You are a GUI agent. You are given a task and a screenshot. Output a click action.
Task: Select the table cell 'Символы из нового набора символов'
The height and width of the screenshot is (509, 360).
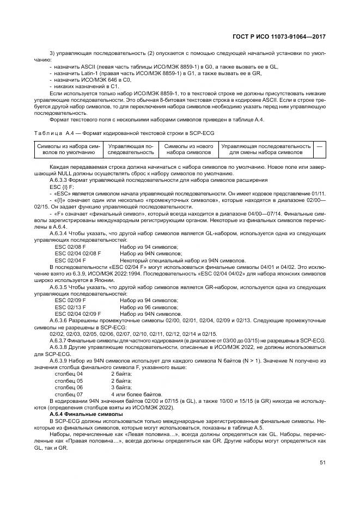188,149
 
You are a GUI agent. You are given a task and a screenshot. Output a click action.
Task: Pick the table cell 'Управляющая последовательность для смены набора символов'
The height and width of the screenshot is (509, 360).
266,149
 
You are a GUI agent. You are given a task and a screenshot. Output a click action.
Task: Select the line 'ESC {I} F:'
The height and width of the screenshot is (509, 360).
61,187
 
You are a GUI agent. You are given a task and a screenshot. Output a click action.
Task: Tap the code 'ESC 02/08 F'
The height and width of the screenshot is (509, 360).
70,247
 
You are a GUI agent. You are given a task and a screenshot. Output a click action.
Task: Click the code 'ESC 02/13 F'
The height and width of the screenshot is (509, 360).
70,308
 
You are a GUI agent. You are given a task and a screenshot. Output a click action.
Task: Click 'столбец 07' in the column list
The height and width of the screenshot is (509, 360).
69,394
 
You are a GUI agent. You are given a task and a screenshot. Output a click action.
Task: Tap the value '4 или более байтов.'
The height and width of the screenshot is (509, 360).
136,394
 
